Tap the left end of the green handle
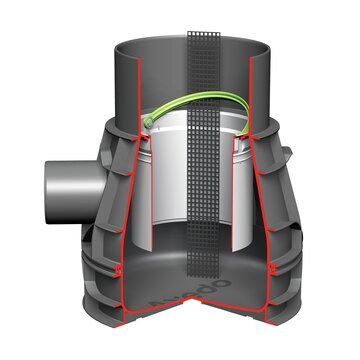pyautogui.click(x=147, y=123)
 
